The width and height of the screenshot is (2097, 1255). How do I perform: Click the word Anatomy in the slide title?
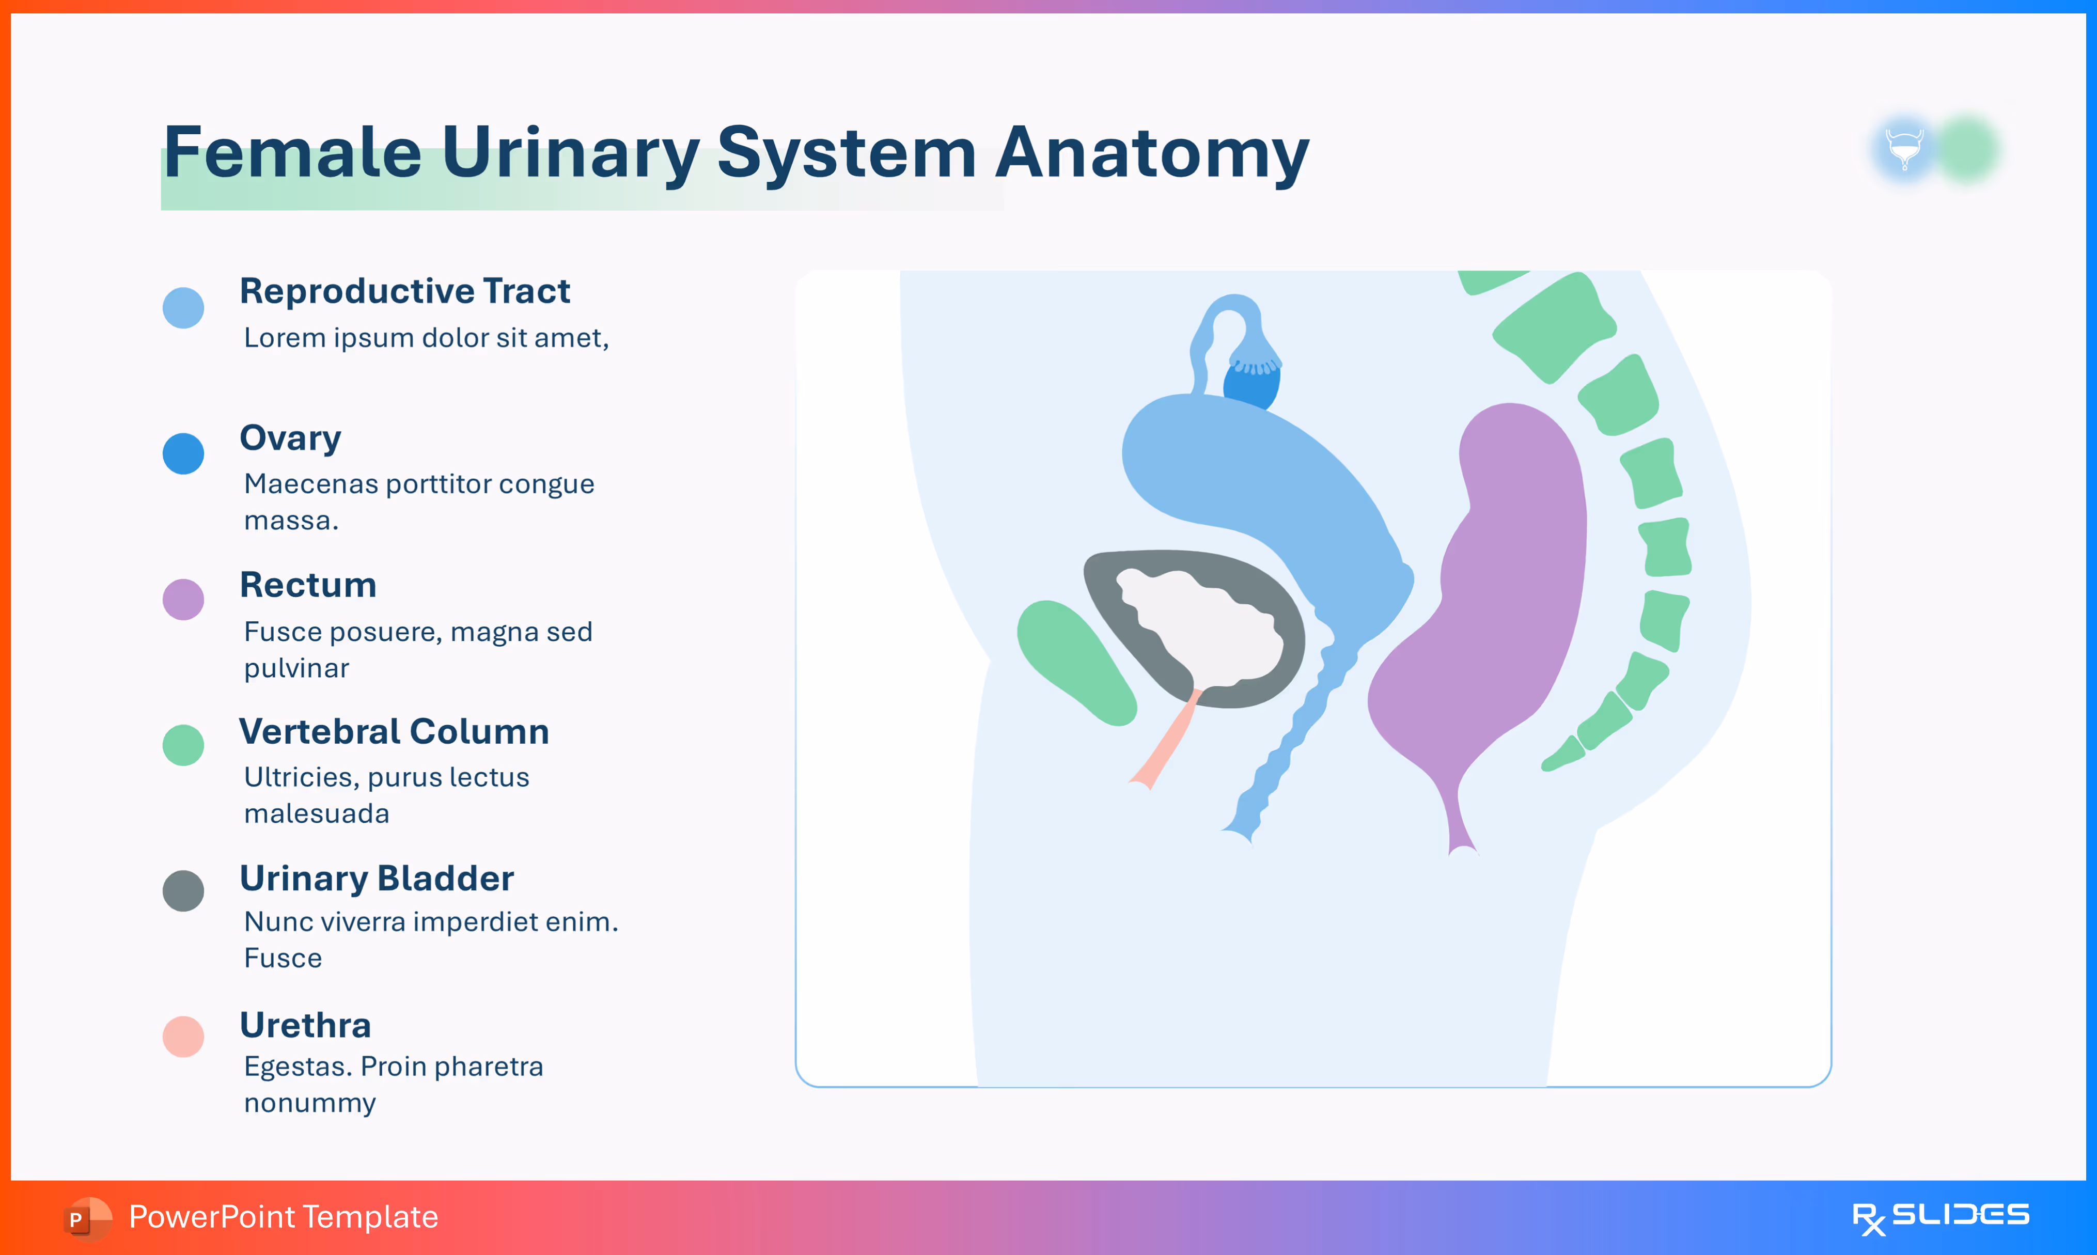pyautogui.click(x=1152, y=154)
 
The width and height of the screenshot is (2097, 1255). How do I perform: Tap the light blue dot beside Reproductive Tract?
pyautogui.click(x=183, y=308)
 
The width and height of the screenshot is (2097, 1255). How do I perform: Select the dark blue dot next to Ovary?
pyautogui.click(x=183, y=454)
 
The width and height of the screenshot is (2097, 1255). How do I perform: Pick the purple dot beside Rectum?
pyautogui.click(x=183, y=600)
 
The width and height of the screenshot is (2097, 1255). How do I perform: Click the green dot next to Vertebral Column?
pyautogui.click(x=183, y=745)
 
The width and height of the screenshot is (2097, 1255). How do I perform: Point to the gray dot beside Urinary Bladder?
pyautogui.click(x=183, y=890)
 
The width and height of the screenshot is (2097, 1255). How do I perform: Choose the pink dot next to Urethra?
pyautogui.click(x=183, y=1037)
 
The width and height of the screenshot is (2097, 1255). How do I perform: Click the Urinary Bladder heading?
pyautogui.click(x=377, y=879)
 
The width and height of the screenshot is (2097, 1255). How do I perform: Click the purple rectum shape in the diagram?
pyautogui.click(x=1513, y=592)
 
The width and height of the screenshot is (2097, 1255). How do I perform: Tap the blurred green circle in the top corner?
pyautogui.click(x=1968, y=150)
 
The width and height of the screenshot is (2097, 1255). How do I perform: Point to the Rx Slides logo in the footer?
pyautogui.click(x=1940, y=1217)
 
